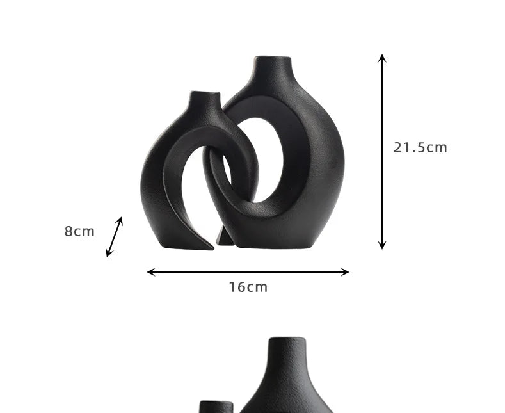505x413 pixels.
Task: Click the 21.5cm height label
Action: click(x=420, y=148)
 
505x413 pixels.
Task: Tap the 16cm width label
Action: click(x=248, y=287)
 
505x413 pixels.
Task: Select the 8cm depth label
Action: click(x=79, y=232)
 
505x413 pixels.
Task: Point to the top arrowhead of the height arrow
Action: click(x=382, y=58)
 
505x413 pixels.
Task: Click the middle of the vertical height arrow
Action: click(x=382, y=152)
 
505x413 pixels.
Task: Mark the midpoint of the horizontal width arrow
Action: click(x=248, y=272)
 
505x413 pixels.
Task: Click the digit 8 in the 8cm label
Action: click(x=68, y=232)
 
